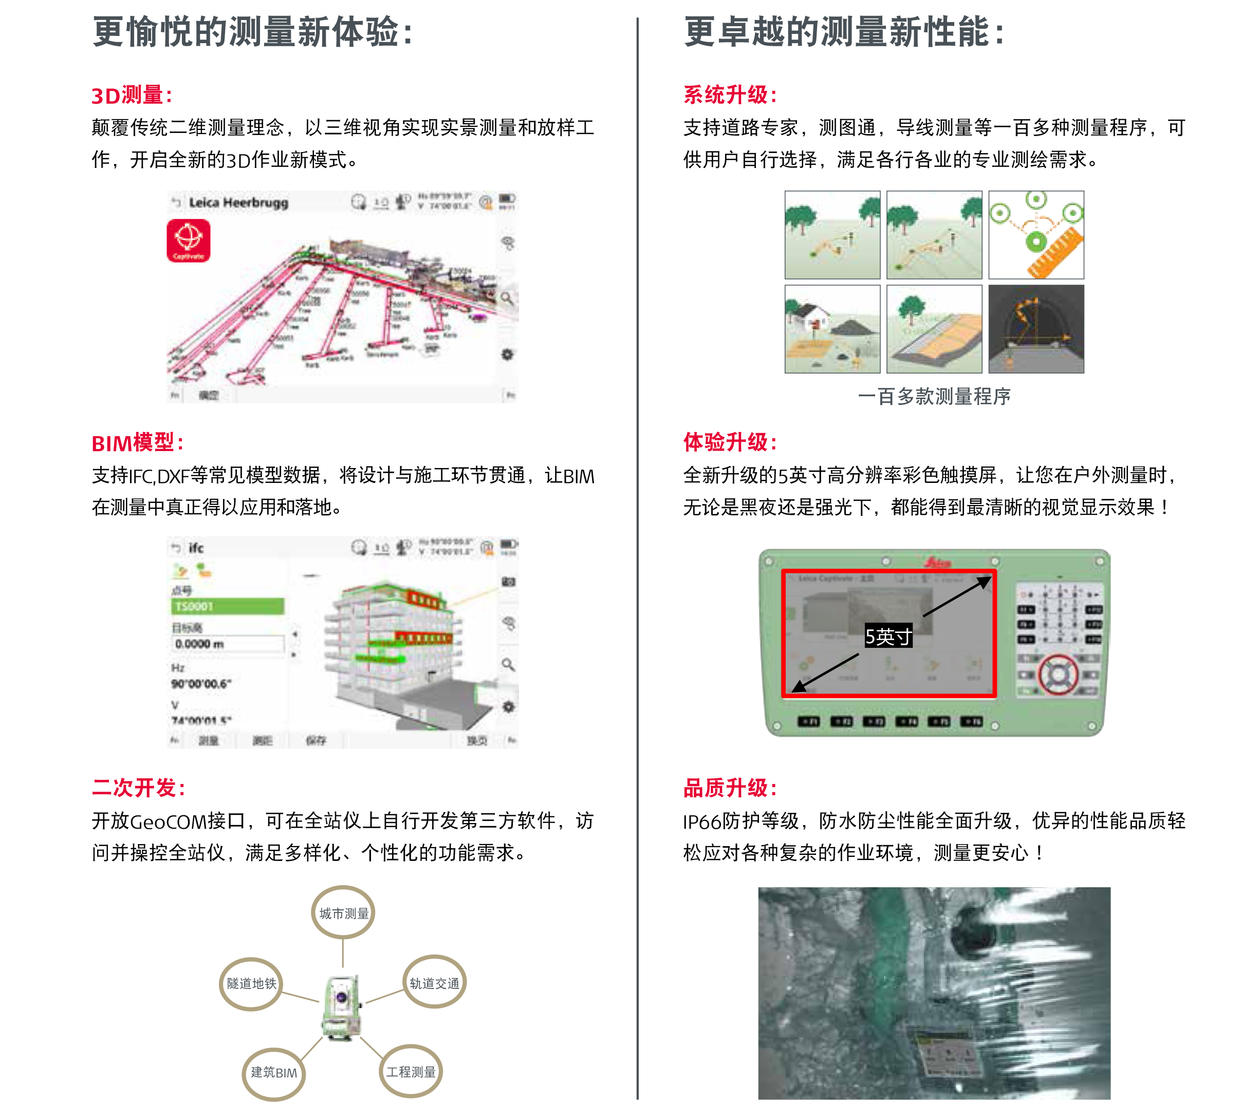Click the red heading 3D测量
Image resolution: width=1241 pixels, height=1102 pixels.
click(131, 96)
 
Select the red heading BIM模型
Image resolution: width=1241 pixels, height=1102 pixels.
click(137, 443)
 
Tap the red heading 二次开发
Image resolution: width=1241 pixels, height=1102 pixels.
click(138, 788)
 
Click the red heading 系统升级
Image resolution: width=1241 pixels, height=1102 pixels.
click(729, 95)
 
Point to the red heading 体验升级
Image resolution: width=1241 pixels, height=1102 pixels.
click(729, 442)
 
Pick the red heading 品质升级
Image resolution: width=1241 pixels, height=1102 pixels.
click(729, 788)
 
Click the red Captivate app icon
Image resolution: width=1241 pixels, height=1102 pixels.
click(188, 240)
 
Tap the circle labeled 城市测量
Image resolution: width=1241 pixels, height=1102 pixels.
click(343, 912)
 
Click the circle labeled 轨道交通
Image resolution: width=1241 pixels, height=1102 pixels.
click(434, 982)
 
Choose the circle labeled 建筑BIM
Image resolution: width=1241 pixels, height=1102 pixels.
click(274, 1072)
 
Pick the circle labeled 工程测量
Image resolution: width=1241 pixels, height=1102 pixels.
click(411, 1072)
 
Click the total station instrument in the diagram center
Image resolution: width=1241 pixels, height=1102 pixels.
click(342, 1007)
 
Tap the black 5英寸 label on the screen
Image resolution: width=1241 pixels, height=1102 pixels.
click(887, 637)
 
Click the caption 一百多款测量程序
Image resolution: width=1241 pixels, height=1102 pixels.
click(934, 396)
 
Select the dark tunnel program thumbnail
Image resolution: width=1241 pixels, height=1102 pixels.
click(1036, 329)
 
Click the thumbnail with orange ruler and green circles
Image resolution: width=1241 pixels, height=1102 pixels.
click(1036, 235)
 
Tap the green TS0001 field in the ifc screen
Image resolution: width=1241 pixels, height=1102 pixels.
click(227, 606)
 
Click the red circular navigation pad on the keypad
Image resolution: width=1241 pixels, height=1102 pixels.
click(1058, 674)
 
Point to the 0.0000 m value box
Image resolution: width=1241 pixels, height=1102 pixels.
click(227, 644)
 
